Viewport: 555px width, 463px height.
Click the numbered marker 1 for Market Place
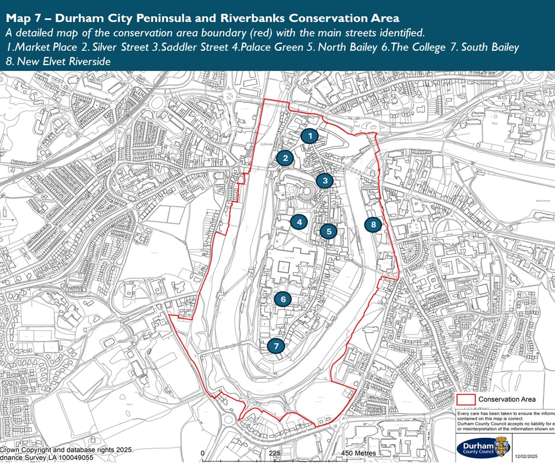click(309, 136)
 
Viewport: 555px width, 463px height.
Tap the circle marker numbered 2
click(285, 158)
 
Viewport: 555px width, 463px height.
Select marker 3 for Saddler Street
click(325, 180)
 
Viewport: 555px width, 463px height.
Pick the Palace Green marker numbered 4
click(299, 222)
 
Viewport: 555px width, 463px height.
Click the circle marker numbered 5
click(329, 231)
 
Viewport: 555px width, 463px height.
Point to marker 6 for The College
click(283, 299)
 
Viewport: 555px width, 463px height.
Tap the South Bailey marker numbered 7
click(276, 346)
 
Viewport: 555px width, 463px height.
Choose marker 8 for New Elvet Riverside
click(373, 224)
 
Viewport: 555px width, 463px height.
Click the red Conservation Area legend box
click(466, 399)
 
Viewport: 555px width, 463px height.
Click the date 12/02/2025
click(526, 456)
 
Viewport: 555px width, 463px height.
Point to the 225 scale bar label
click(275, 453)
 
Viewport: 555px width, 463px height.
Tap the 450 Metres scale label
click(358, 453)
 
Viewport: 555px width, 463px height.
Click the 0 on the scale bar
click(203, 453)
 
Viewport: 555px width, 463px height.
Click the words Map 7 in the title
click(23, 18)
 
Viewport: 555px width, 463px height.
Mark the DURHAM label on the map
click(266, 144)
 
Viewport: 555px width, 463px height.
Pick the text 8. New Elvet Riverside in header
click(58, 61)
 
